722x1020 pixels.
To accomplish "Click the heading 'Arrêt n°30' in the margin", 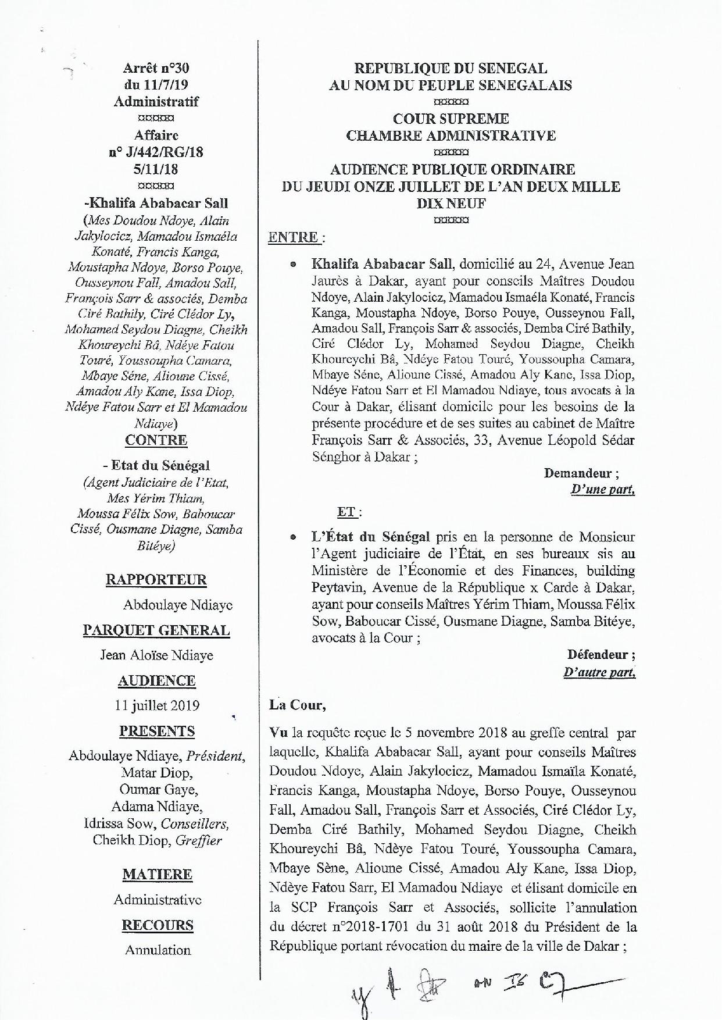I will [156, 68].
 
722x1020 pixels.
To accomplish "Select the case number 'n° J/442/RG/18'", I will [156, 152].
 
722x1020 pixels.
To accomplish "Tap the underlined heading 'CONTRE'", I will [156, 440].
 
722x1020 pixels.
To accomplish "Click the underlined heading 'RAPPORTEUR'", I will [156, 580].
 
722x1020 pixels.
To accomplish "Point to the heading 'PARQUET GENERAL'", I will [156, 630].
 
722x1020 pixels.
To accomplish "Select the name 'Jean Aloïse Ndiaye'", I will [156, 655].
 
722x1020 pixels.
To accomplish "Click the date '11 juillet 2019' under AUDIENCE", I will [157, 706].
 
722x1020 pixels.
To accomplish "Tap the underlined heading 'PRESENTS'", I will [156, 732].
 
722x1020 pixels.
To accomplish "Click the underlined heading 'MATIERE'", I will [157, 875].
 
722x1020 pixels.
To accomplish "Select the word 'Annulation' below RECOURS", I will [158, 950].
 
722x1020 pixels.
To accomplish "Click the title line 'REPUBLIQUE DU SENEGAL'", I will [451, 69].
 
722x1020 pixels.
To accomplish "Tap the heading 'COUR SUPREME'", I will [451, 119].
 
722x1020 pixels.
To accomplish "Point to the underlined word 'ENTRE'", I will [293, 237].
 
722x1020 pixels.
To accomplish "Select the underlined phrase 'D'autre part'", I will [599, 673].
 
